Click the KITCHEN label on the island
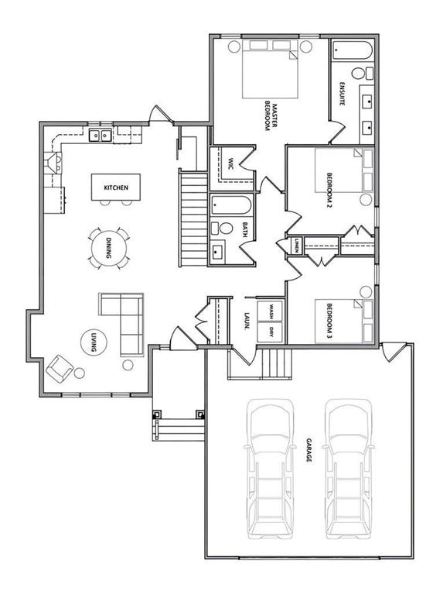click(116, 187)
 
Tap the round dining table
click(108, 248)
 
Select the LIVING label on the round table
click(94, 342)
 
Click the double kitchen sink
click(101, 135)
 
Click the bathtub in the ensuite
click(352, 50)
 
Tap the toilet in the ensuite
click(362, 74)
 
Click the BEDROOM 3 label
click(329, 320)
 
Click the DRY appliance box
click(270, 332)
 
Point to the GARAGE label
click(309, 450)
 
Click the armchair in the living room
click(60, 369)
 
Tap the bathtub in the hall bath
click(230, 205)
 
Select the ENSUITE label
click(342, 93)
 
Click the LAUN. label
click(247, 322)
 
